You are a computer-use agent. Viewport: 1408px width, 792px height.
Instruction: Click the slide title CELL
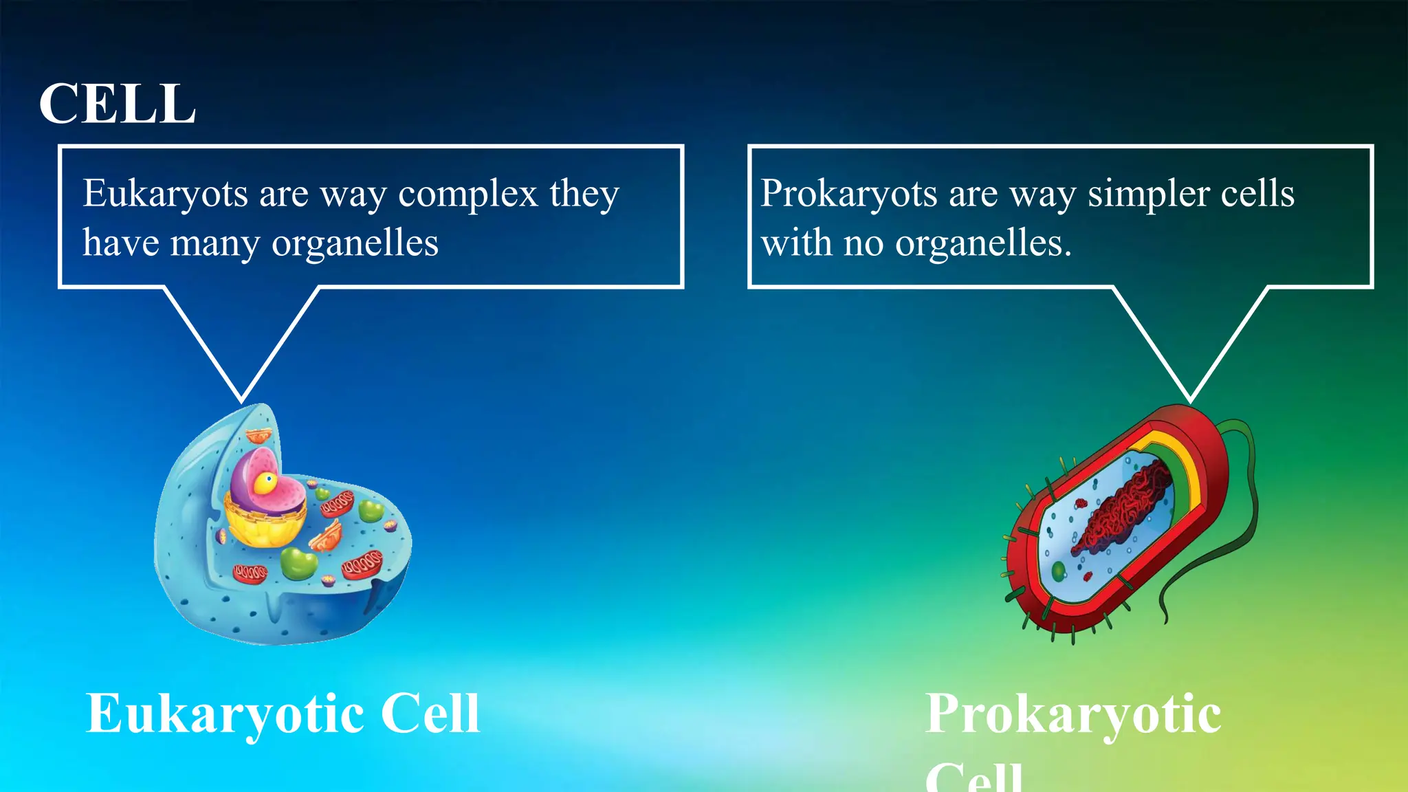tap(117, 104)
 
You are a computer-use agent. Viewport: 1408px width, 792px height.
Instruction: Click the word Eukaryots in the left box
tap(165, 193)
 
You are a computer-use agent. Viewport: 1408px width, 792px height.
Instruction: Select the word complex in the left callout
tap(467, 193)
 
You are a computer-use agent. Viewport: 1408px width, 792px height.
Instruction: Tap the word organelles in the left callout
tap(355, 243)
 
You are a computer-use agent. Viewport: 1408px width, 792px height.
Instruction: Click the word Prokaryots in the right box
tap(848, 193)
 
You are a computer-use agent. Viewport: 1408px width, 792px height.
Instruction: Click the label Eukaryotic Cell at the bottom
tap(282, 714)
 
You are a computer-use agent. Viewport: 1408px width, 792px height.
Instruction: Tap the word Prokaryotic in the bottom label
tap(1072, 714)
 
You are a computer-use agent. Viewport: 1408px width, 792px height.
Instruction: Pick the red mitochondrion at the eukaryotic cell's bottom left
tap(250, 573)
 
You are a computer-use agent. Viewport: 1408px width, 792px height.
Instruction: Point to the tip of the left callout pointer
tap(241, 400)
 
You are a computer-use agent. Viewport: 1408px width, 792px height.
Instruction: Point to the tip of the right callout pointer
tap(1190, 400)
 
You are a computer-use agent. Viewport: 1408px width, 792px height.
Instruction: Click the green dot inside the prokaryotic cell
tap(1058, 570)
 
